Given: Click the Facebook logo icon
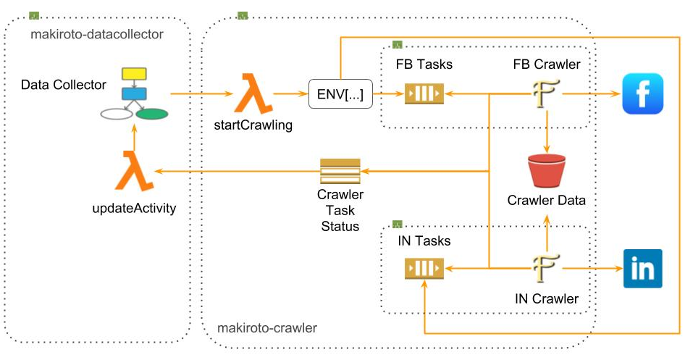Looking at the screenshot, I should (643, 94).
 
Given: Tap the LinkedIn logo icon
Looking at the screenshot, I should (643, 269).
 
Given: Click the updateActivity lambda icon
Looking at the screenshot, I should (135, 171).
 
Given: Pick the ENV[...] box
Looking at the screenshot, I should (335, 94).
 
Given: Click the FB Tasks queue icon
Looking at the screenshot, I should (423, 94).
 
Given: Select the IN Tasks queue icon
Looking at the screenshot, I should (423, 269).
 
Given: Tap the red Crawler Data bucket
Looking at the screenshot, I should (547, 170).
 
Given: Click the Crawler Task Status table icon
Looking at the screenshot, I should (340, 171).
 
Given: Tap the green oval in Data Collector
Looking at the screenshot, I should (151, 114).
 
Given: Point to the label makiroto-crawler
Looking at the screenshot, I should (267, 328).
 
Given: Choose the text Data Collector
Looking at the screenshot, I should (63, 85).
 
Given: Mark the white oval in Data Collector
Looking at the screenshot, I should (116, 114).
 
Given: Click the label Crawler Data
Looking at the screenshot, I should (547, 201).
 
